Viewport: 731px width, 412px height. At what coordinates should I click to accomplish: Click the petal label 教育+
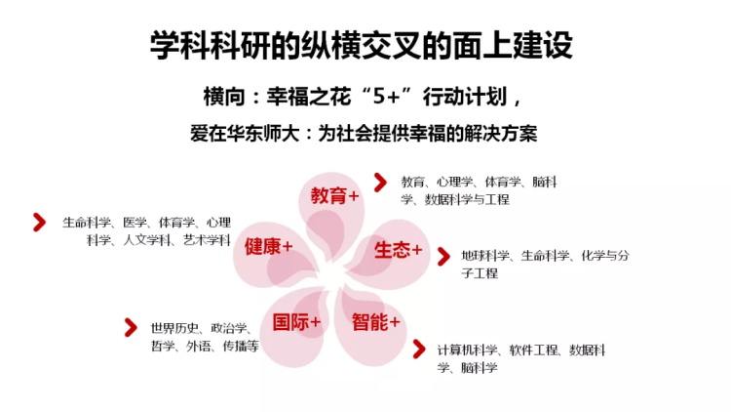(334, 195)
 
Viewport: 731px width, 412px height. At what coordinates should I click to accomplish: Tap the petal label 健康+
(269, 246)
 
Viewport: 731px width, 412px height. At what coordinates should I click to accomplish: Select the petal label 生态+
(398, 250)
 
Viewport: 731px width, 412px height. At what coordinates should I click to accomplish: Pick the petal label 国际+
(296, 322)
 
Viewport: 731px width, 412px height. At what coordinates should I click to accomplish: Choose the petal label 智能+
(376, 322)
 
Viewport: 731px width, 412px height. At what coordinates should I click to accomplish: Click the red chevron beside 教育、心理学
(380, 183)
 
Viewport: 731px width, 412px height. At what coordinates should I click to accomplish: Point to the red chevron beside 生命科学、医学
(40, 223)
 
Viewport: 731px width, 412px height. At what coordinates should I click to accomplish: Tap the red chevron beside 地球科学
(443, 257)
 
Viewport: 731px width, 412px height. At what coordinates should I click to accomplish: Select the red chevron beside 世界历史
(131, 327)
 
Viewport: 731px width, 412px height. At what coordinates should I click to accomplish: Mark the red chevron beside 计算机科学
(419, 350)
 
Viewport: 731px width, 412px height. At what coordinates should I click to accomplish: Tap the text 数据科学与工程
(467, 199)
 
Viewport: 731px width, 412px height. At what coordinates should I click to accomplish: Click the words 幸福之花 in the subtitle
(309, 97)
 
